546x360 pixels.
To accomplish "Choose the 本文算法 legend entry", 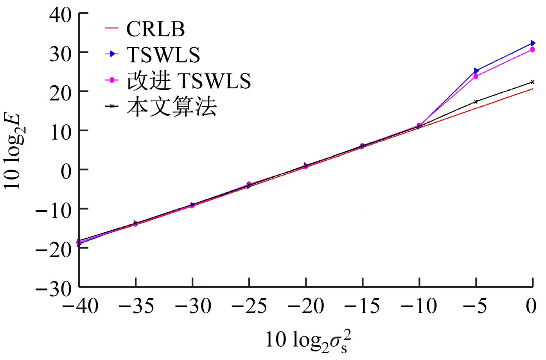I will coord(171,106).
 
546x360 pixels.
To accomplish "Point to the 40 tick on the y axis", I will coord(61,14).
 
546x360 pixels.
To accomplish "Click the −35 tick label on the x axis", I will coord(136,306).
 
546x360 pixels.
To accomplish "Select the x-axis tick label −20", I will coord(306,306).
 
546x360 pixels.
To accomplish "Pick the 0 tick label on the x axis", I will coord(531,306).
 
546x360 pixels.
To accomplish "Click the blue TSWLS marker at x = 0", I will coord(532,43).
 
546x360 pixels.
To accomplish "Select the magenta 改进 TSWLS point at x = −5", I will coord(476,77).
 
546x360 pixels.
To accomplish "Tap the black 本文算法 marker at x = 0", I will coord(532,82).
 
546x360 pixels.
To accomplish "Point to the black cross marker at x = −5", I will coord(476,102).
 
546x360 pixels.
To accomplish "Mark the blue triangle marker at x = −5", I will coord(476,71).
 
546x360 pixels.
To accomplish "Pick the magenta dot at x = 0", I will coord(532,50).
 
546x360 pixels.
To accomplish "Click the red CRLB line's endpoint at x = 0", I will coord(532,89).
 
